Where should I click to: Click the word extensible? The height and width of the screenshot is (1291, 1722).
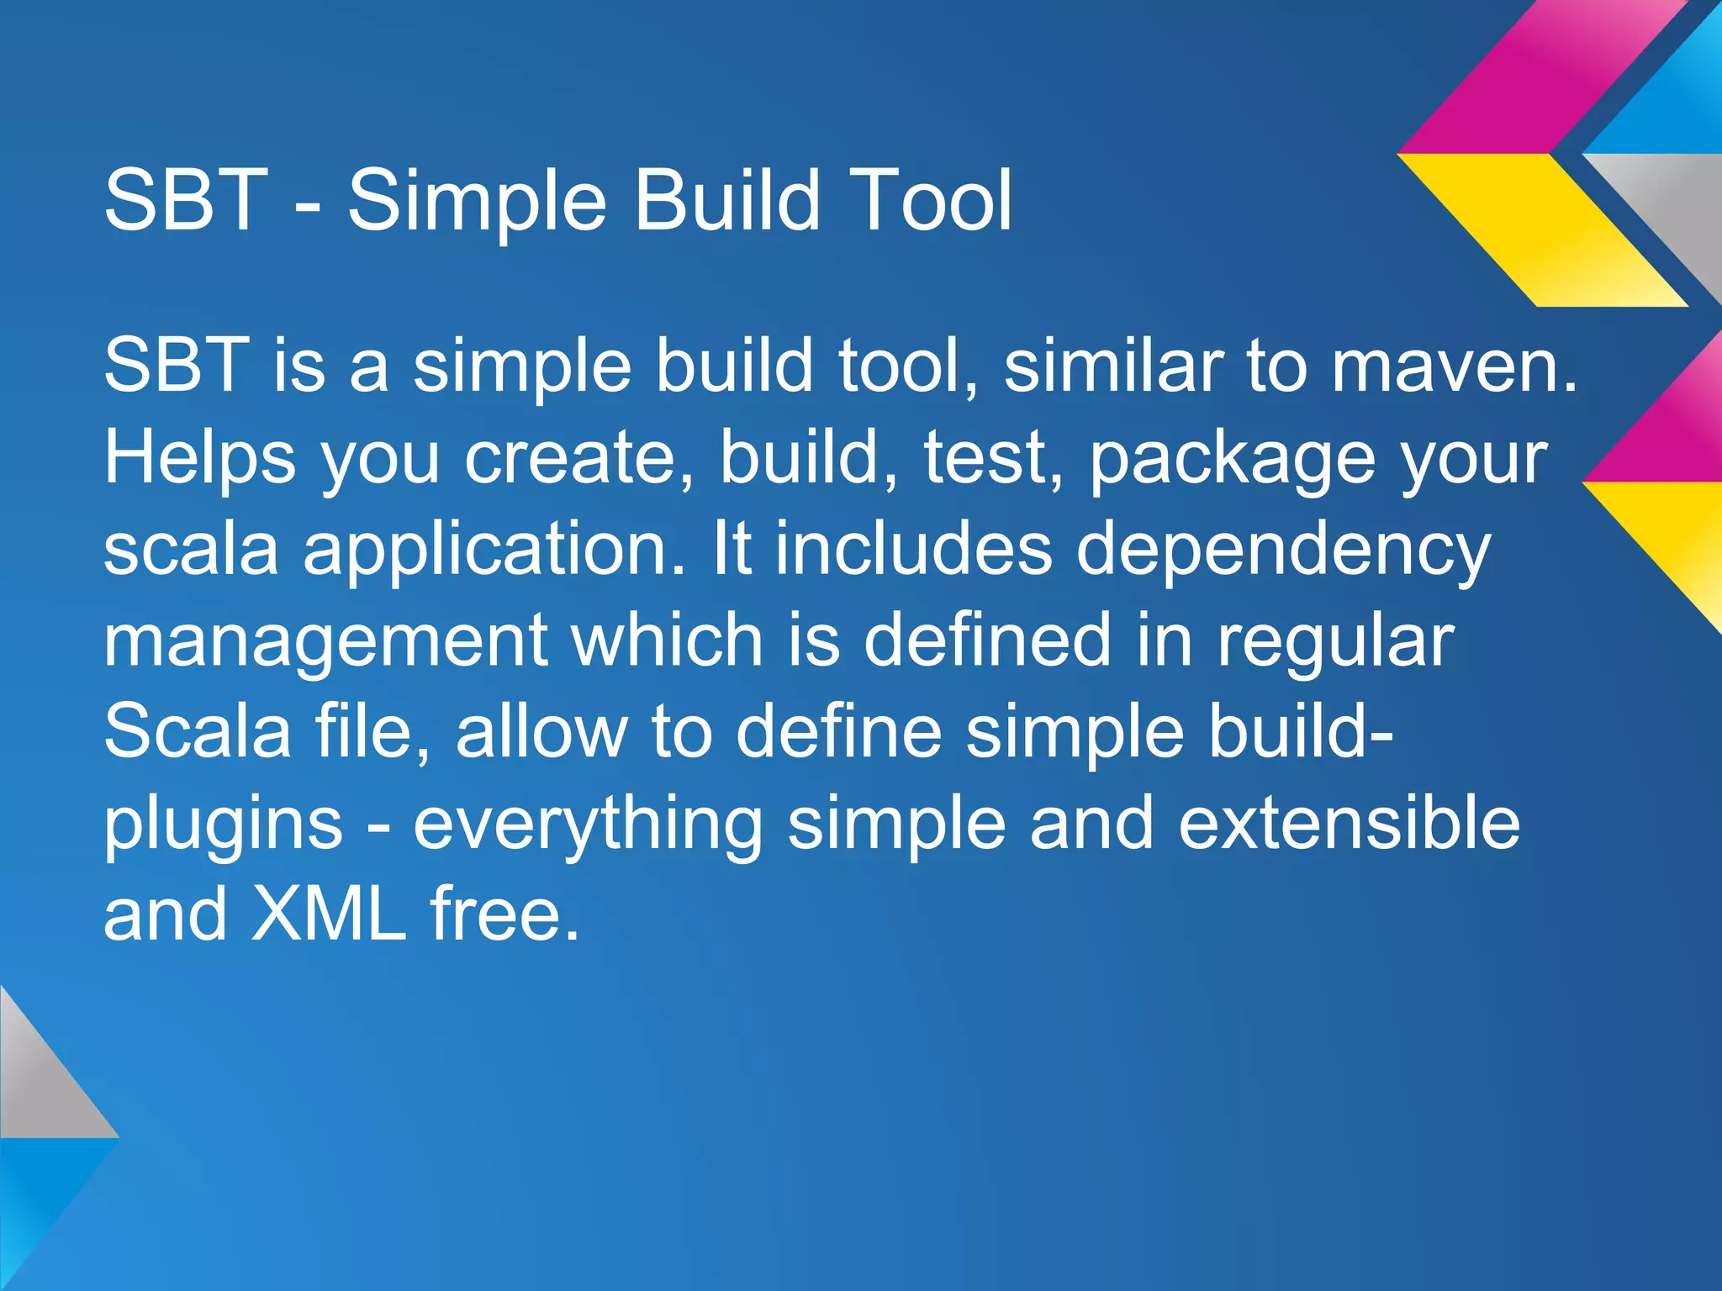point(1349,824)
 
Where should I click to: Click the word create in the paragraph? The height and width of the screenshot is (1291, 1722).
point(579,460)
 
